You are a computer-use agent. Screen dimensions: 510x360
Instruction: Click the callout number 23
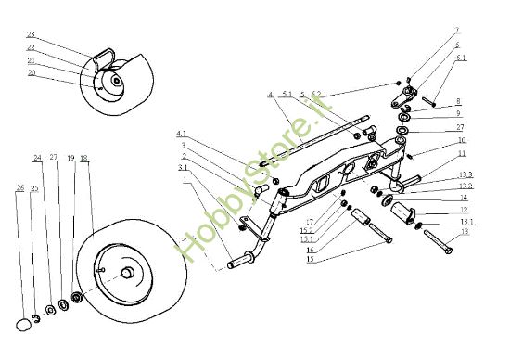[31, 35]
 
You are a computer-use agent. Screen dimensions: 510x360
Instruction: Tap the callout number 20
[32, 72]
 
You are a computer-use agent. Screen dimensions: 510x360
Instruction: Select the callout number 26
[19, 187]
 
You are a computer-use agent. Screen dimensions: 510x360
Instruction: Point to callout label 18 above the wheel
[84, 159]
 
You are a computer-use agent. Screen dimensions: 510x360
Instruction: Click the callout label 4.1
[182, 133]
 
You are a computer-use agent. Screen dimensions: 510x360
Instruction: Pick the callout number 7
[456, 31]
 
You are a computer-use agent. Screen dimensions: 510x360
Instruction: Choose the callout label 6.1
[461, 58]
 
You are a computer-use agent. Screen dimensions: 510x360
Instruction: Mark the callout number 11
[461, 154]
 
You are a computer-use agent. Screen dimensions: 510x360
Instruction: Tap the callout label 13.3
[466, 174]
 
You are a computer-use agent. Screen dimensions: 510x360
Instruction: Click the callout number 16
[309, 250]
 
